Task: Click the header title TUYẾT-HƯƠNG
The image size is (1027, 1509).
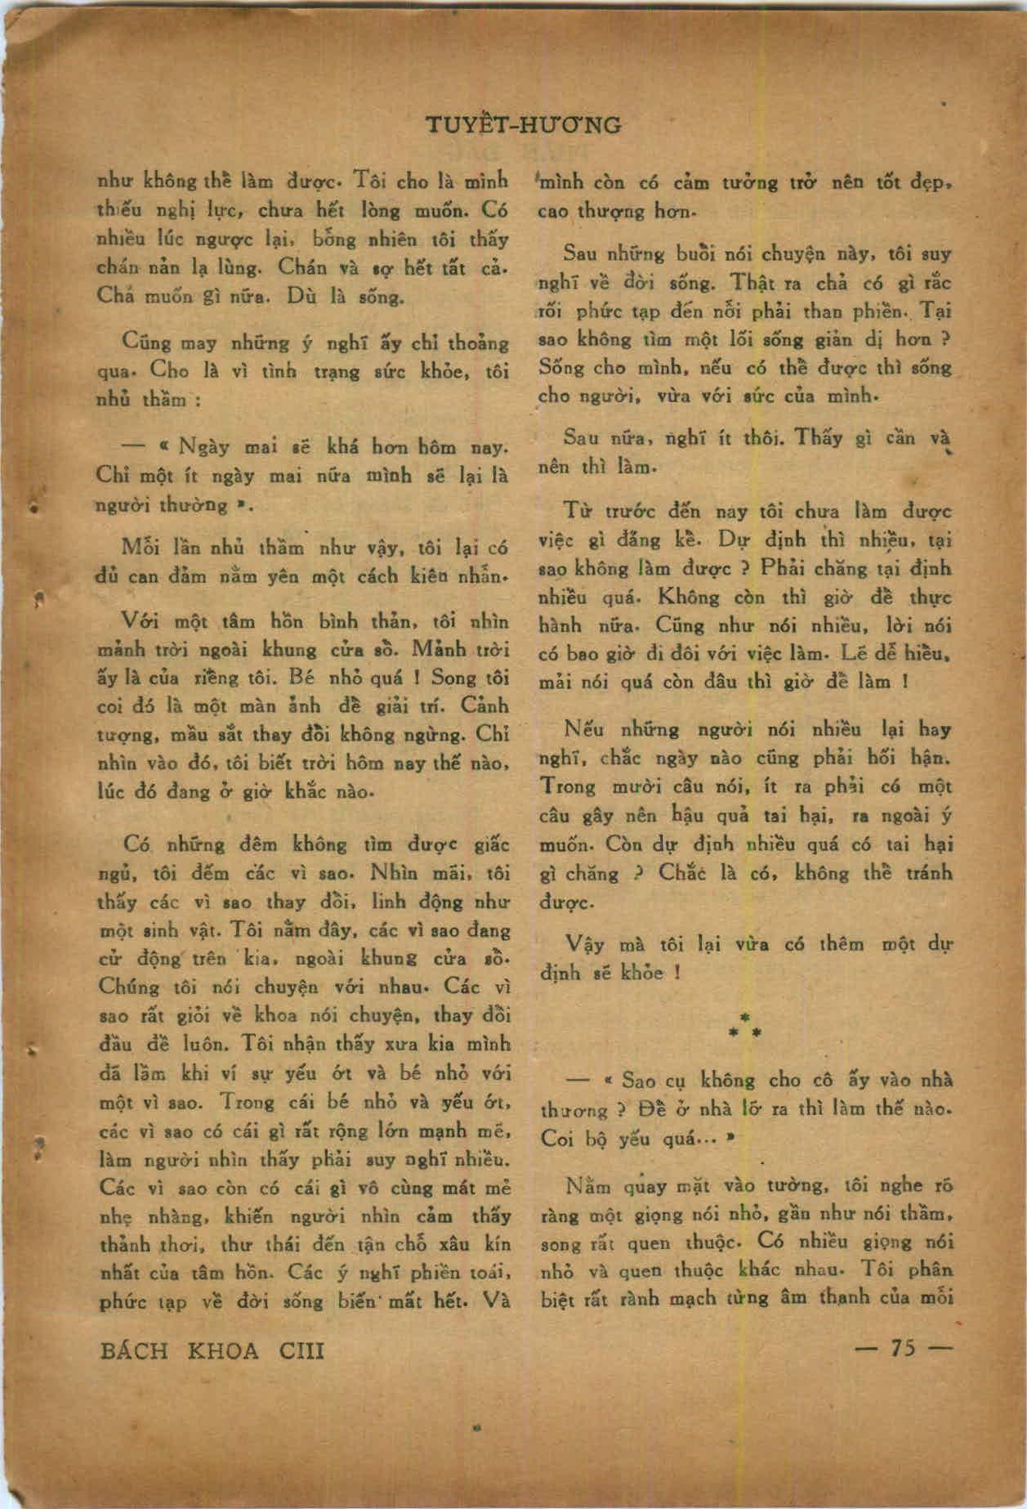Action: tap(524, 126)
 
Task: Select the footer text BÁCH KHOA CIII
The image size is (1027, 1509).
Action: tap(212, 1350)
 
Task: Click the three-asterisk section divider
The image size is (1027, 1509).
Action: tap(744, 1026)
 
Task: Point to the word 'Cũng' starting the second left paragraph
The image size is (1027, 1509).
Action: tap(141, 341)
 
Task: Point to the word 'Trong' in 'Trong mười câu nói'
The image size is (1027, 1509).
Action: tap(568, 786)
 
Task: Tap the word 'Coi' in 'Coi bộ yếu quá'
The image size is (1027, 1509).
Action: tap(557, 1138)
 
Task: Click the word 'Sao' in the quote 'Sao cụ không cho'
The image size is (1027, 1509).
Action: tap(639, 1081)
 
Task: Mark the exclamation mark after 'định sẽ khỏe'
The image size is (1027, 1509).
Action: tap(675, 974)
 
